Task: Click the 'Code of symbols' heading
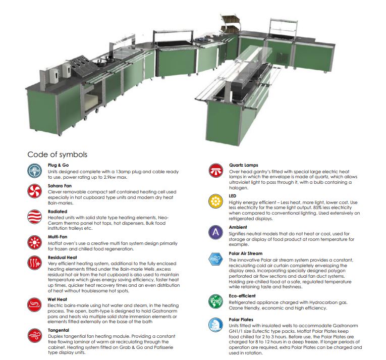tap(58, 155)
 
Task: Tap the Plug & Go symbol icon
tap(34, 171)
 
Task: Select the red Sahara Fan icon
tap(34, 191)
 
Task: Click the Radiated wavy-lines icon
tap(34, 217)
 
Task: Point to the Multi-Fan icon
tap(34, 242)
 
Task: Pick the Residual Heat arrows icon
tap(34, 263)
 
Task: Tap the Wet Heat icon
tap(34, 305)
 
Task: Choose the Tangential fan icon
tap(35, 335)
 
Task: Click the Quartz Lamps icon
tap(216, 170)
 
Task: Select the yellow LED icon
tap(215, 201)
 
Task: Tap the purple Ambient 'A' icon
tap(215, 232)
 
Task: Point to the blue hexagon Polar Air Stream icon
tap(215, 259)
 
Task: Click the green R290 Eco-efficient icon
tap(215, 301)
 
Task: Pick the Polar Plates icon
tap(215, 325)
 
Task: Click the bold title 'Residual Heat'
tap(62, 258)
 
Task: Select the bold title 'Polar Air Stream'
tap(245, 253)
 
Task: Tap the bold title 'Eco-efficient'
tap(242, 296)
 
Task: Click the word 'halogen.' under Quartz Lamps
tap(239, 188)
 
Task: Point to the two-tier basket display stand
tap(230, 24)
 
